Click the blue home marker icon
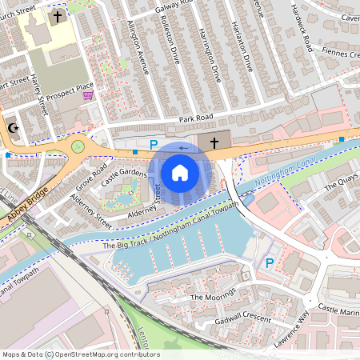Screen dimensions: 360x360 [x=180, y=172]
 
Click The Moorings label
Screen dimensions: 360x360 [x=210, y=297]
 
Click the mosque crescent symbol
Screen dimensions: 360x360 [x=12, y=127]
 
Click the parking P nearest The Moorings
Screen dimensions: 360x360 [x=270, y=263]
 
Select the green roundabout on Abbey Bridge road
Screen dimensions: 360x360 [x=78, y=146]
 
